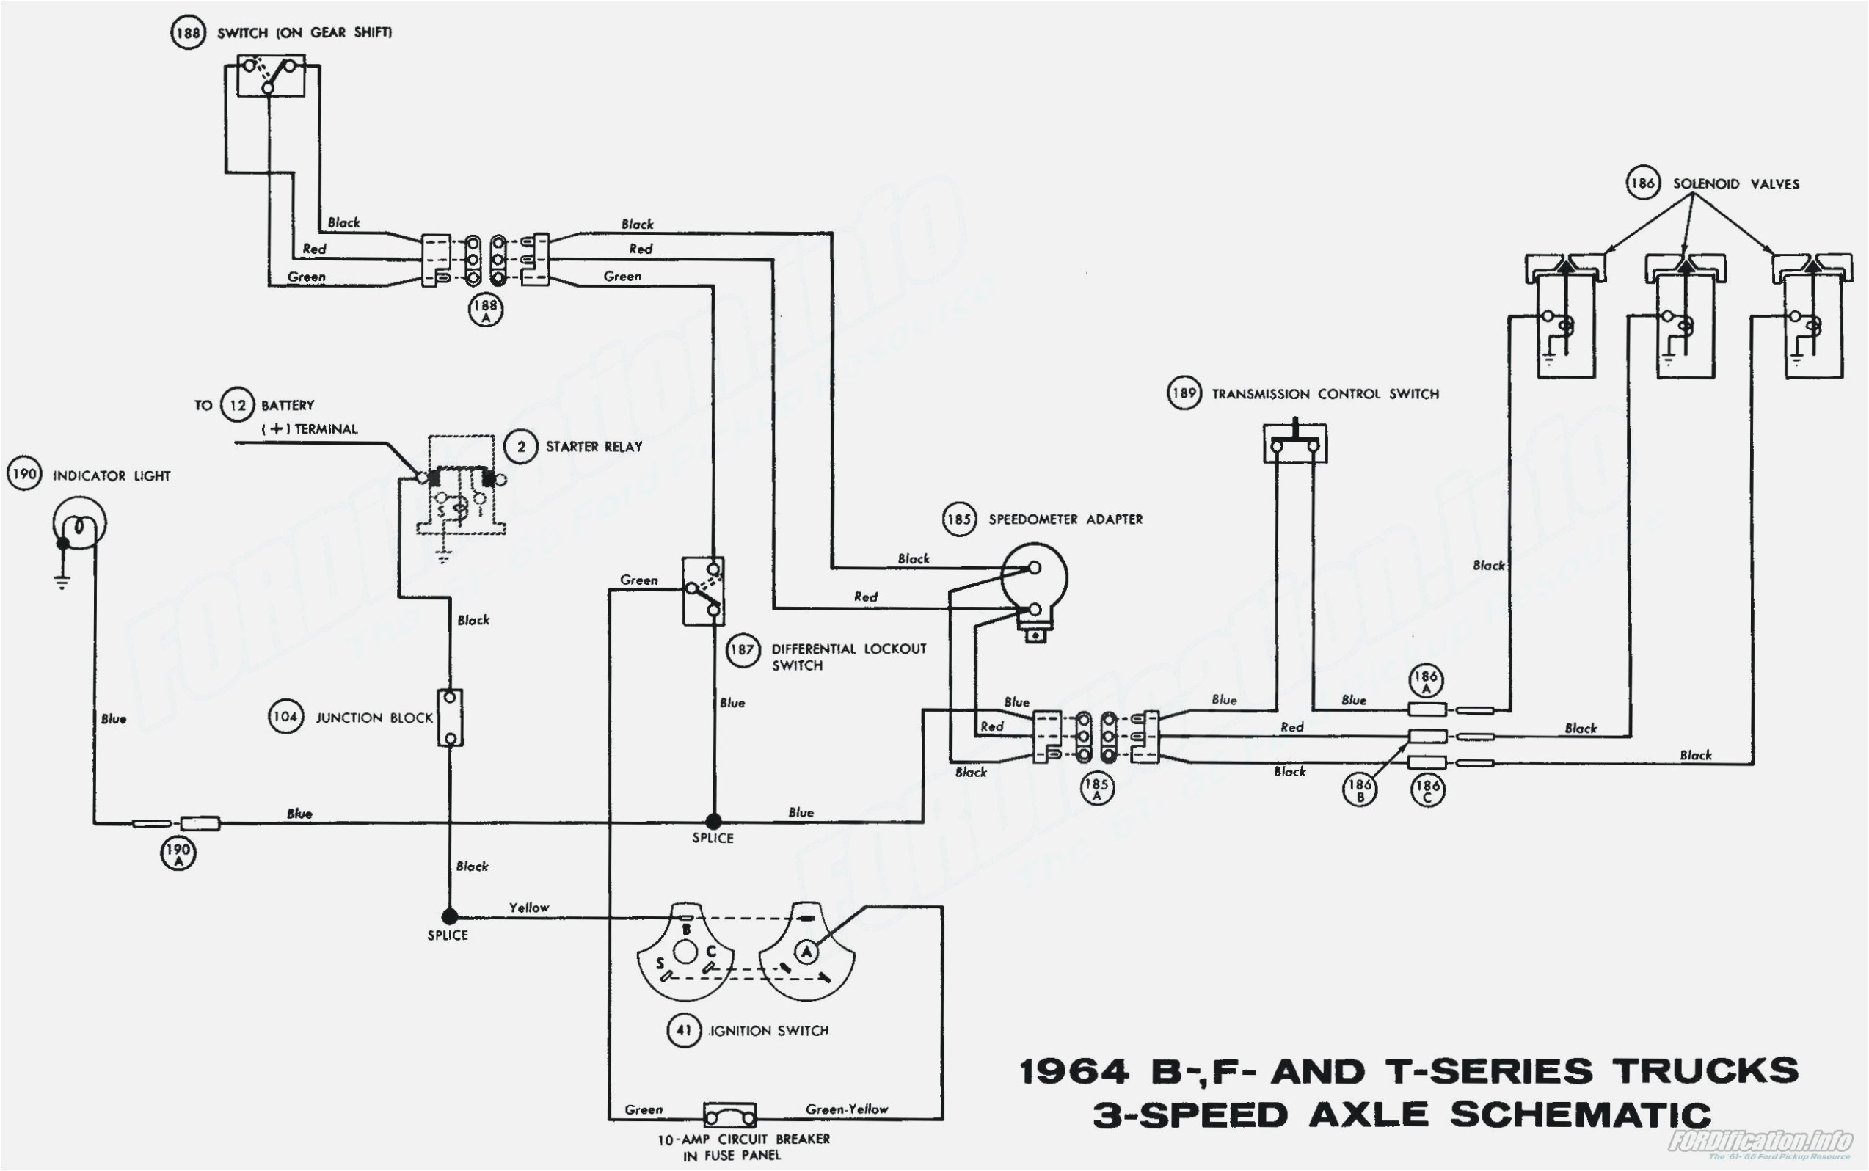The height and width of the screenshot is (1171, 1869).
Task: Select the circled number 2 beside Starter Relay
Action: [521, 447]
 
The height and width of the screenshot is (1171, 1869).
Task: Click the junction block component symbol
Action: [450, 717]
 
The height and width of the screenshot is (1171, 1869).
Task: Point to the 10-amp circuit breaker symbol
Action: [729, 1115]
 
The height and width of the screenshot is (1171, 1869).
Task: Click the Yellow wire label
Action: [529, 907]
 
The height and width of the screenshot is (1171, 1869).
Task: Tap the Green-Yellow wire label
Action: [847, 1109]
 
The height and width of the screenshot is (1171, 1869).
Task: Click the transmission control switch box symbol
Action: [1294, 445]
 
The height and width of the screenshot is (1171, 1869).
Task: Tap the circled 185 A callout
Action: [1097, 789]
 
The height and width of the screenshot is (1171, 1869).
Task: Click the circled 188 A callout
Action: [486, 311]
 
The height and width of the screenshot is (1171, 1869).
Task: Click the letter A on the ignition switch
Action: [806, 952]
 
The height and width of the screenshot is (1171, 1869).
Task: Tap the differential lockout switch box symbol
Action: [703, 591]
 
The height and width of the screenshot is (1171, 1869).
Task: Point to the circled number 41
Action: [684, 1031]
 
